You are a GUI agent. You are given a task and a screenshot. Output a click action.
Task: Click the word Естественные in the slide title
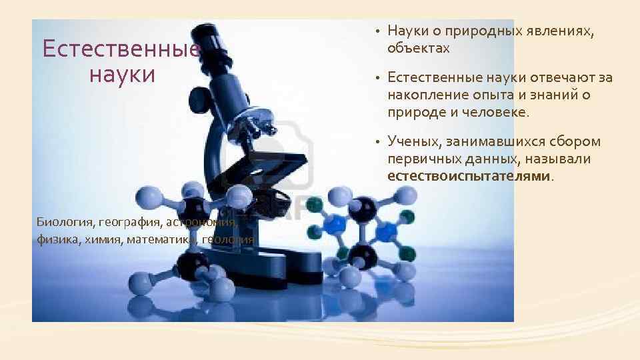121,49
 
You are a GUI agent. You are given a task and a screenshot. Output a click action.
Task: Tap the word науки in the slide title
122,74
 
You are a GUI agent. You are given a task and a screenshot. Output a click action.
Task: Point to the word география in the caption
127,222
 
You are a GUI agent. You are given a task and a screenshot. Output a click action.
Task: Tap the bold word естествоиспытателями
469,176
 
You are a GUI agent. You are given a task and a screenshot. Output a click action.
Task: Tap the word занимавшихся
489,141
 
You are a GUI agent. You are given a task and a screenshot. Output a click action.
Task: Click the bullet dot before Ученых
377,142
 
